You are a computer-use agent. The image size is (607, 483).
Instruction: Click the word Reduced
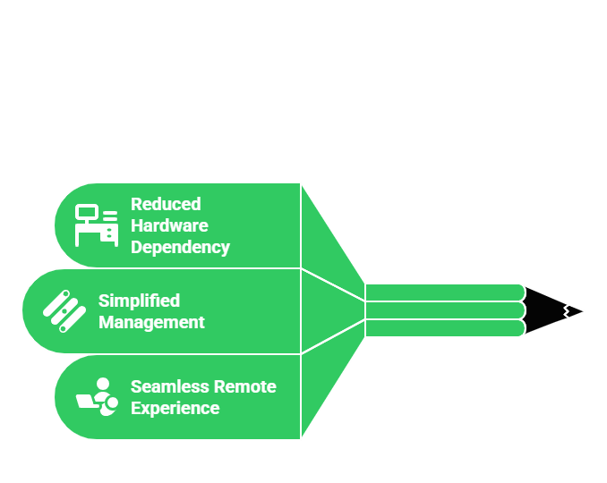[166, 204]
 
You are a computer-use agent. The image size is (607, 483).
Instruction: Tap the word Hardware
[169, 225]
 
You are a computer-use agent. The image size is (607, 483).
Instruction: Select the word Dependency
[180, 247]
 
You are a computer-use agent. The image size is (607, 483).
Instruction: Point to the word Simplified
[139, 301]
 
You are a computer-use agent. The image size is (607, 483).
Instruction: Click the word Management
[151, 322]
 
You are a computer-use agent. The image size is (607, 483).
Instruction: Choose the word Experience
[175, 408]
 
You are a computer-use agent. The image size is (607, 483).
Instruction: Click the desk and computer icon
[96, 225]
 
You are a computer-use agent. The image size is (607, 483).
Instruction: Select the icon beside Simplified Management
[64, 311]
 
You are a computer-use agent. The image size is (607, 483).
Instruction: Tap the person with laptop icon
[97, 396]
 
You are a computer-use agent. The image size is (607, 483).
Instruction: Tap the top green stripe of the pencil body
[443, 292]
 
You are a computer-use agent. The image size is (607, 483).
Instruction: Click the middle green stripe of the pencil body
[443, 310]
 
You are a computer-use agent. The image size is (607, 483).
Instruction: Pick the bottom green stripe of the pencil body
[443, 328]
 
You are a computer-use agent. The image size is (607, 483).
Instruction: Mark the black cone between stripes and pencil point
[543, 310]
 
